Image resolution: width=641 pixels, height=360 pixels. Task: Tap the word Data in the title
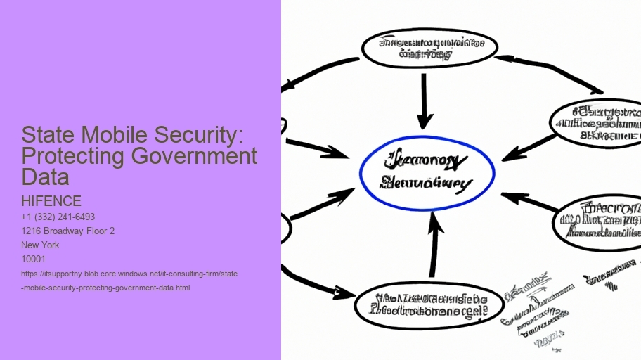click(x=46, y=176)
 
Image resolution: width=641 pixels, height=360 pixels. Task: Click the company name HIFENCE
click(x=51, y=202)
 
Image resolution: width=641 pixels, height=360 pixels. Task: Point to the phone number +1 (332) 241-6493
click(x=58, y=217)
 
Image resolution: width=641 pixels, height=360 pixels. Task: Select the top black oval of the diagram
click(x=429, y=47)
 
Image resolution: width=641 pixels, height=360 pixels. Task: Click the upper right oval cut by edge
click(x=598, y=122)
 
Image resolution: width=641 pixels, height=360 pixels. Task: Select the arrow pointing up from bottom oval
click(x=434, y=245)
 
